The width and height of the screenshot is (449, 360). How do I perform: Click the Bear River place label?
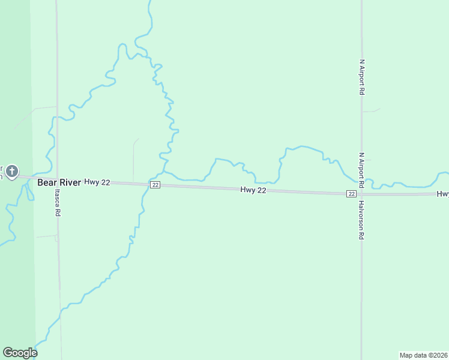59,182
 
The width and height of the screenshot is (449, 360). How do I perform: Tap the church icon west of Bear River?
12,172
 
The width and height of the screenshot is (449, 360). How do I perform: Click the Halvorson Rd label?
362,220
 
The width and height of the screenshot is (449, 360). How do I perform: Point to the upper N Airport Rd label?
362,77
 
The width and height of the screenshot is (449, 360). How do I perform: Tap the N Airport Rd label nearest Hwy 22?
362,170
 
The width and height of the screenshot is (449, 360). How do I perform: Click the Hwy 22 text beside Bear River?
97,182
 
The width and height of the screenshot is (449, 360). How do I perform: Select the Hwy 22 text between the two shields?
253,190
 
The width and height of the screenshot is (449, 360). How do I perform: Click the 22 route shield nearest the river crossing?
155,185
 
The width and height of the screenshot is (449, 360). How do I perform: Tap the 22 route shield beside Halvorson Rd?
351,194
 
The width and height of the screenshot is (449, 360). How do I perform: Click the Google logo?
20,353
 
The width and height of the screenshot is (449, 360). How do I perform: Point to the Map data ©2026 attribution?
423,355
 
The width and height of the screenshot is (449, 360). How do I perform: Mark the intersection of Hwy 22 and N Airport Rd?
361,194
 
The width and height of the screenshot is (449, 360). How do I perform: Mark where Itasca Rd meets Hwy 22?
58,179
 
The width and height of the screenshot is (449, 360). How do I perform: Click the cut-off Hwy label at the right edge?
442,194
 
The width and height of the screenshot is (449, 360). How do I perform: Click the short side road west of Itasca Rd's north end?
42,109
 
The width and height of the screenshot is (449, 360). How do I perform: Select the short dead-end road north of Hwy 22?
133,159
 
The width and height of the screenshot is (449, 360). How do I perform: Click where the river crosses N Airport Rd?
361,181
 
